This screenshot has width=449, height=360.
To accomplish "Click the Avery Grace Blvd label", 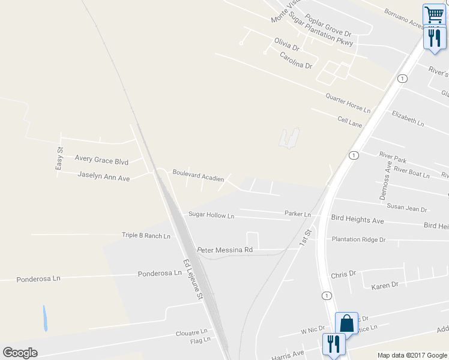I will [101, 161].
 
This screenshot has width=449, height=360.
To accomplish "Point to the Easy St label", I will [59, 158].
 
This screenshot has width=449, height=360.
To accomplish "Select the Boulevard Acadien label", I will [198, 175].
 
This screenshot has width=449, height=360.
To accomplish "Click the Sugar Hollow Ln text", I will [211, 215].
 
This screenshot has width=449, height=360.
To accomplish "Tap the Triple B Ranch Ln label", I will [146, 236].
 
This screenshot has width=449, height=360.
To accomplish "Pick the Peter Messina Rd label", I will [225, 249].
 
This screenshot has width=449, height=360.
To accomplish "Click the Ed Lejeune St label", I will [194, 279].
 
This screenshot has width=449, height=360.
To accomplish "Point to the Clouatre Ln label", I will [191, 332].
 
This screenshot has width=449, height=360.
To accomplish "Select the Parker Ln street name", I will [298, 214].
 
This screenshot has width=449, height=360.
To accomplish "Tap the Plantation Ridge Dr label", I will [358, 239].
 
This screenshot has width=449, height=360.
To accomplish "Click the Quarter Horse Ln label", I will [348, 103].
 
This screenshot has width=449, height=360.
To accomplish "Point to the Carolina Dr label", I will [297, 60].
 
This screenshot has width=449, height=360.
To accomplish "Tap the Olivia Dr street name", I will [286, 44].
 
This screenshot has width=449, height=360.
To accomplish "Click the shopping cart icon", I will [433, 14].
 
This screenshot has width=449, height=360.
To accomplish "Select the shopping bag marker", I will [347, 323].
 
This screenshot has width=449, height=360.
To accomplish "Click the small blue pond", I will [44, 319].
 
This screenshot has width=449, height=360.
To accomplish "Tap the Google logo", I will [20, 353].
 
